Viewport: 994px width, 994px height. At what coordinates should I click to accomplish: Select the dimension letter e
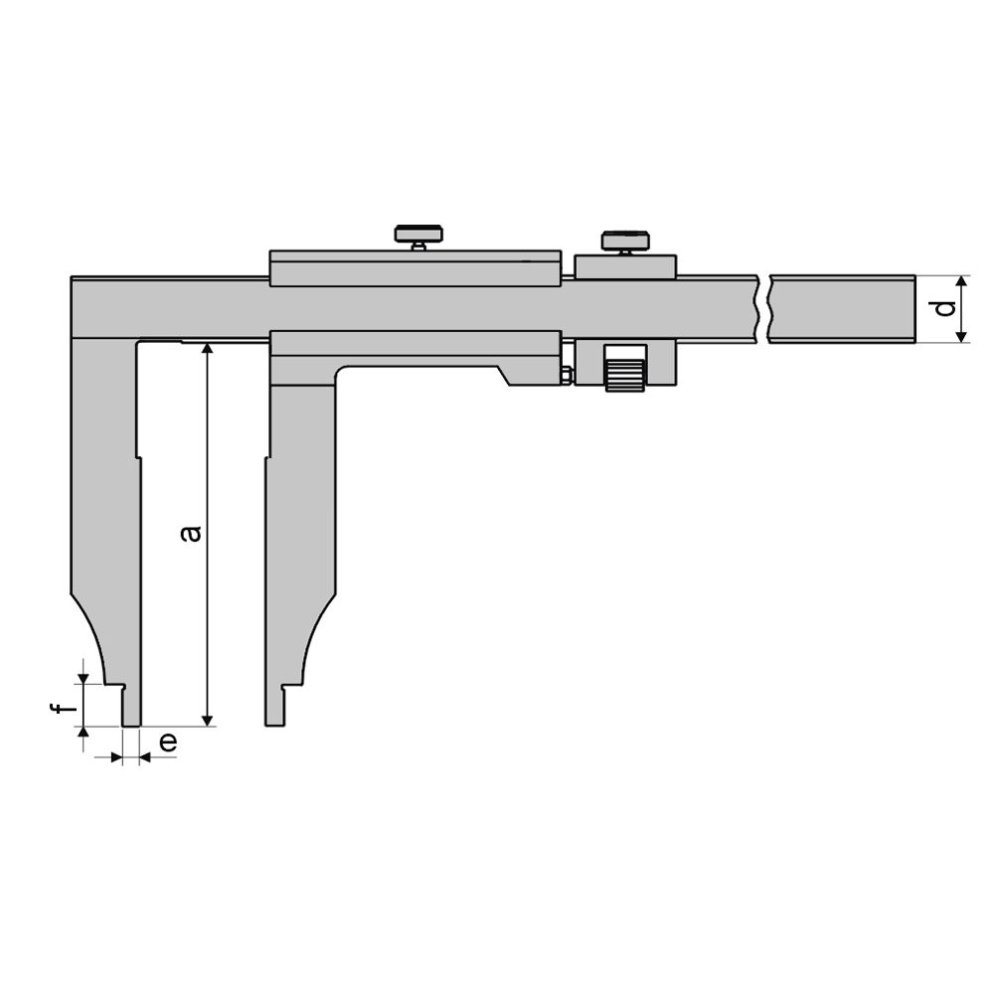[167, 742]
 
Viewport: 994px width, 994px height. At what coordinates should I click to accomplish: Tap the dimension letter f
[63, 708]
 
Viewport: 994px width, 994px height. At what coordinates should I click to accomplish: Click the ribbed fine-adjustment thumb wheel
[625, 369]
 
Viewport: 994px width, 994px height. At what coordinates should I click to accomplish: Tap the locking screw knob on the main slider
[418, 236]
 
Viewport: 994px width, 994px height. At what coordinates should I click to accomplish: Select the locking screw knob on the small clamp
[624, 242]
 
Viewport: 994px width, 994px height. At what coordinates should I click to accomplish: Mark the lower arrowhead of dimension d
[961, 335]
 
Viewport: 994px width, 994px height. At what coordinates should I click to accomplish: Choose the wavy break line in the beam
[762, 309]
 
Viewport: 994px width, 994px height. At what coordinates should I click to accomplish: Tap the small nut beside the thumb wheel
[566, 375]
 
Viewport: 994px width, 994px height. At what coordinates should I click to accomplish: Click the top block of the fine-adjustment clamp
[625, 266]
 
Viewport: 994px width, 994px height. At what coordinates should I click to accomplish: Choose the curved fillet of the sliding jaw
[316, 636]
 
